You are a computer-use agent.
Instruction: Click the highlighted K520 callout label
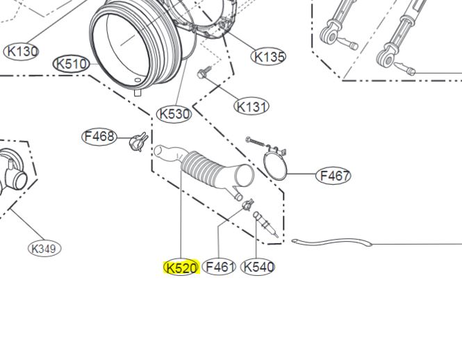click(181, 268)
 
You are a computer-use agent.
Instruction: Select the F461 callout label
click(220, 267)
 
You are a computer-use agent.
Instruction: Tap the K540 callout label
click(258, 267)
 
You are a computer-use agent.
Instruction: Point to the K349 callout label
click(44, 249)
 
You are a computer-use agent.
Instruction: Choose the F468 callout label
click(99, 137)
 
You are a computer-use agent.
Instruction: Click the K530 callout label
click(174, 114)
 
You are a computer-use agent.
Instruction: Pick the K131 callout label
click(251, 106)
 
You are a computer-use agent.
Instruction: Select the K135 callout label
click(268, 56)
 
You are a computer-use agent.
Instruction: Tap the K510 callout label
click(71, 64)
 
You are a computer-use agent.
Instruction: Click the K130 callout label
click(22, 51)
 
